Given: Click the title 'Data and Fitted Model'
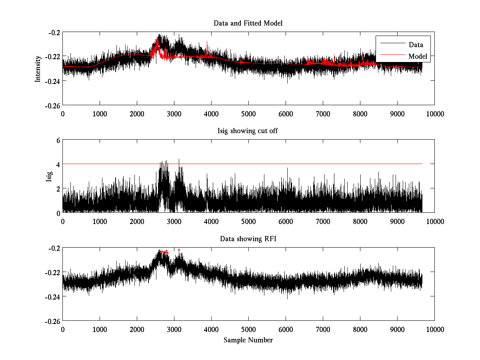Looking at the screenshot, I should click(248, 23).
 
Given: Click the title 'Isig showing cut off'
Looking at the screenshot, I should click(248, 131).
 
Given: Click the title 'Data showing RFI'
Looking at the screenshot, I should click(248, 239).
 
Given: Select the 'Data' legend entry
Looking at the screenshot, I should click(416, 45).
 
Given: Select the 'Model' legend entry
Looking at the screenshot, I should click(418, 56).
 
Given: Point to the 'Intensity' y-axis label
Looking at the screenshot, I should click(38, 68).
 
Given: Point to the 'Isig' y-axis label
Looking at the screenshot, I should click(49, 176).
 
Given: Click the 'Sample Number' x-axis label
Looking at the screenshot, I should click(248, 340).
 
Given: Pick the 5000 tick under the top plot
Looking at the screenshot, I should click(248, 114).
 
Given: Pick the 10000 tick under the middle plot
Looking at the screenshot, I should click(435, 222).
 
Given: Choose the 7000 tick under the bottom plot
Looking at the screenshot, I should click(323, 330).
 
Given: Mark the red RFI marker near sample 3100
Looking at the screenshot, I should click(179, 250).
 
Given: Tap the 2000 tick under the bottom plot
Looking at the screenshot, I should click(137, 330).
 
